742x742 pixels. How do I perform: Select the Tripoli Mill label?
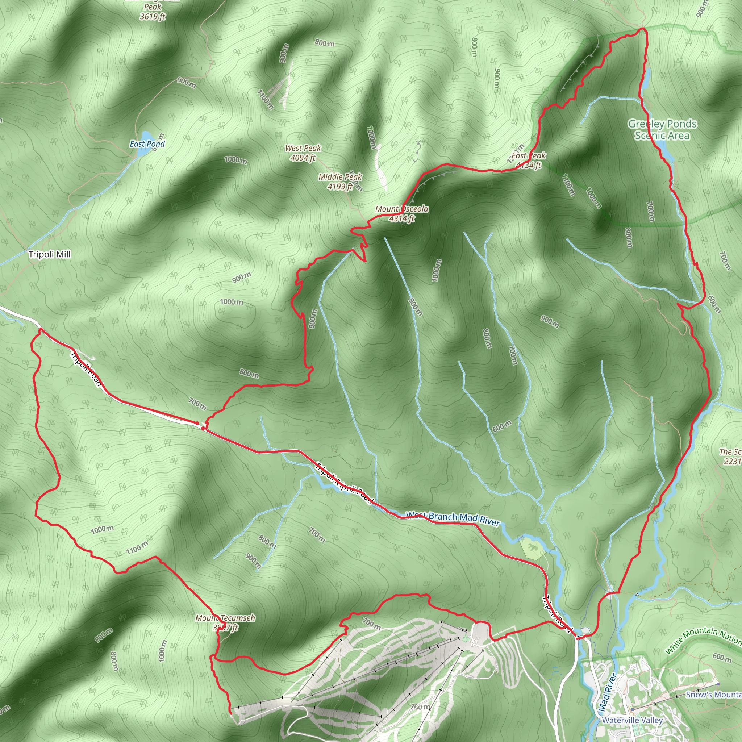click(x=50, y=254)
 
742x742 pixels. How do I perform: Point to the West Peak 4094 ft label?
click(x=303, y=153)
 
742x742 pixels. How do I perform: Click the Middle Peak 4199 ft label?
click(x=340, y=182)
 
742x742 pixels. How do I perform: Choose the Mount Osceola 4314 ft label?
click(x=402, y=213)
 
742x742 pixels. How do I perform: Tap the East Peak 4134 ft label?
click(x=529, y=160)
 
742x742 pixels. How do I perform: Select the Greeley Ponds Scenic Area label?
click(x=662, y=129)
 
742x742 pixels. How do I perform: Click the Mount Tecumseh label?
click(x=225, y=618)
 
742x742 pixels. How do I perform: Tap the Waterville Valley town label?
click(x=632, y=720)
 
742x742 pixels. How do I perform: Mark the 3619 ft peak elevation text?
click(x=153, y=17)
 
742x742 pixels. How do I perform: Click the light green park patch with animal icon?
click(x=532, y=547)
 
